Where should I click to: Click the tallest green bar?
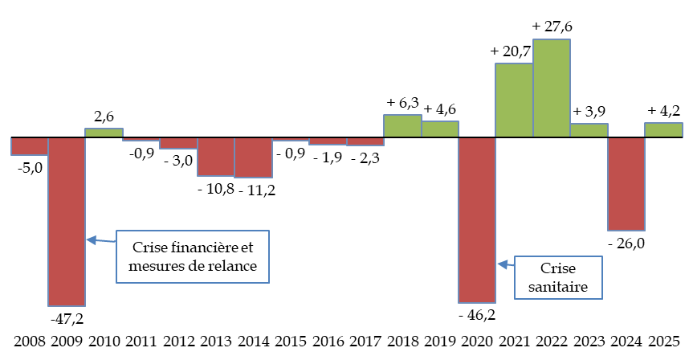point(552,88)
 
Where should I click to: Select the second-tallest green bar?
point(514,100)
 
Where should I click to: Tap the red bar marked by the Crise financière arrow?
point(67,221)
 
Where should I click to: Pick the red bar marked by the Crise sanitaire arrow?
point(477,219)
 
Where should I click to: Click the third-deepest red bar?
point(626,184)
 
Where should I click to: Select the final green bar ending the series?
point(663,130)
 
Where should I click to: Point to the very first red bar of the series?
point(30,145)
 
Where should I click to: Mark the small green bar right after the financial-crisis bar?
point(104,133)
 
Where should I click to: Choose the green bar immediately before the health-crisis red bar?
point(440,129)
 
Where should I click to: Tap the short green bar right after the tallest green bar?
point(589,130)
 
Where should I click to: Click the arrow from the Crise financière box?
point(100,240)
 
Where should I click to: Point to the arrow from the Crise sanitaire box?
point(506,264)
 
